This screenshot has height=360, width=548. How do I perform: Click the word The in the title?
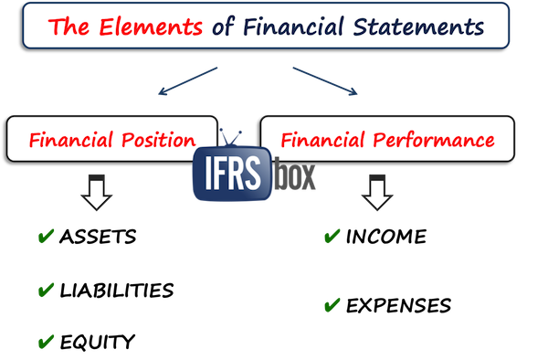[68, 25]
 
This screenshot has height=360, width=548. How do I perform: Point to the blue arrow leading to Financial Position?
[188, 79]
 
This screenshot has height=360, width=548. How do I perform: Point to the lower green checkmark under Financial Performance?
[332, 302]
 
